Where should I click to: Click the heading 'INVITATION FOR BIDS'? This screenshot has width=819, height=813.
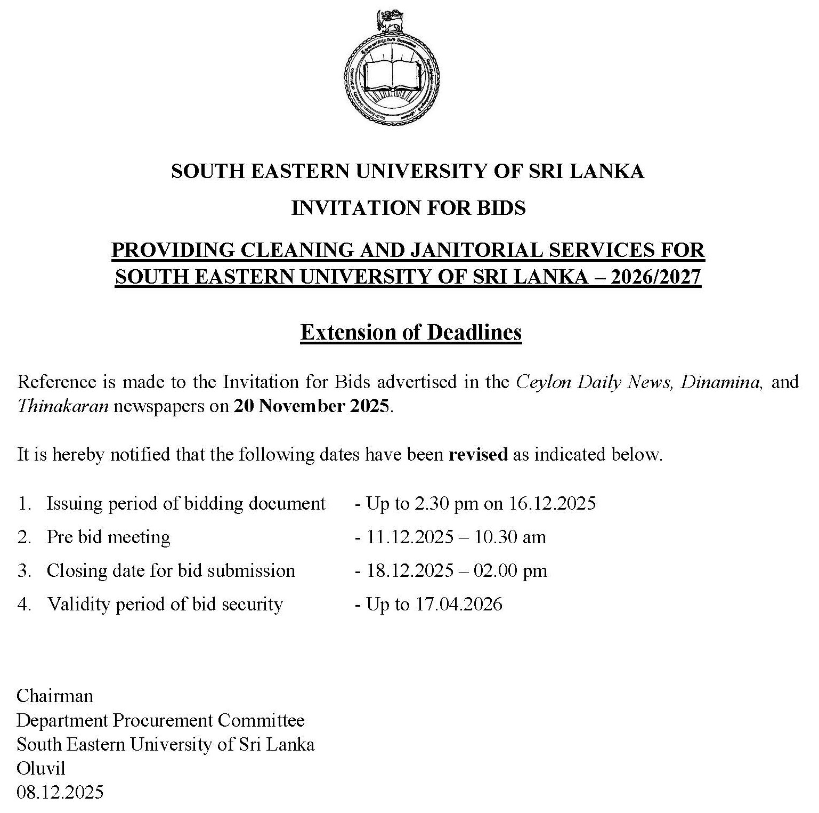point(409,207)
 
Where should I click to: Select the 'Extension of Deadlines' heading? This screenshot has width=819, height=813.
point(411,332)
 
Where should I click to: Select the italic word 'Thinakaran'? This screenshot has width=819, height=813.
point(63,406)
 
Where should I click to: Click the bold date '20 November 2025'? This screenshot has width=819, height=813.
point(312,406)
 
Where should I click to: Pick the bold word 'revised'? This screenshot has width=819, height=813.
point(478,455)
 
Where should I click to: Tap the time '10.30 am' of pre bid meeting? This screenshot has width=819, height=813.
point(510,537)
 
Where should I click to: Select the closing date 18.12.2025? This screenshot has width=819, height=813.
point(410,570)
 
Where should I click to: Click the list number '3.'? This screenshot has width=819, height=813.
point(25,570)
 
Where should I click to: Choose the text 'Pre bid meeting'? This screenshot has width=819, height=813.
point(108,537)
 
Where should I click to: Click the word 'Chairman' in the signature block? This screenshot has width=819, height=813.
point(55,696)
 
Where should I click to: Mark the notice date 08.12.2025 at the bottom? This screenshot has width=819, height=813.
point(60,792)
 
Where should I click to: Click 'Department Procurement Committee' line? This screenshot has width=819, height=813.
point(160,720)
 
